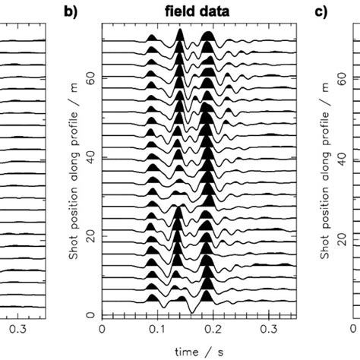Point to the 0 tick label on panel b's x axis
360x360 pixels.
click(x=103, y=330)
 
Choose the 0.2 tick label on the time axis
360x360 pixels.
click(x=213, y=330)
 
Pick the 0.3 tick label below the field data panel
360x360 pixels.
click(x=270, y=330)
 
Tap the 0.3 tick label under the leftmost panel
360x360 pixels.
click(x=17, y=330)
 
